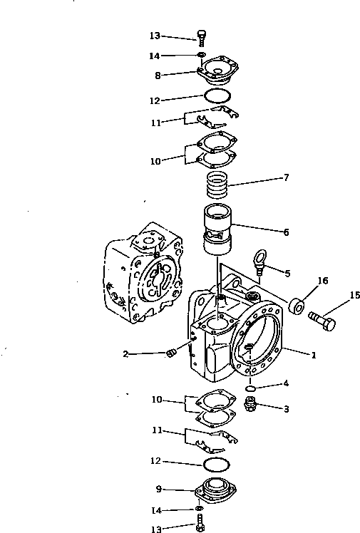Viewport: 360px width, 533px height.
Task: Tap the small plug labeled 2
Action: point(170,356)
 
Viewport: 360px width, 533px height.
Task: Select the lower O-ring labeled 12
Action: point(217,464)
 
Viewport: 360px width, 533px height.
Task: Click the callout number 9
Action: point(158,489)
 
